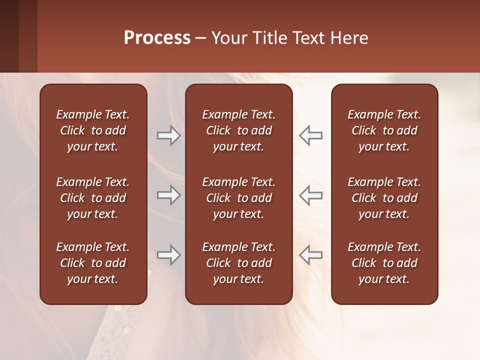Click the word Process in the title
(x=157, y=38)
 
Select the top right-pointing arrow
(x=168, y=135)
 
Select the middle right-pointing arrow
(x=168, y=195)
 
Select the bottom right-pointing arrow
(x=168, y=255)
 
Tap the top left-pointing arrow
(x=311, y=135)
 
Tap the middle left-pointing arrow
(x=311, y=195)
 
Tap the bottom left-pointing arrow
(x=311, y=255)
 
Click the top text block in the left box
(x=93, y=130)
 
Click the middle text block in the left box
(x=93, y=198)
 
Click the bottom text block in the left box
(x=93, y=263)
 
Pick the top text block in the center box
(x=238, y=130)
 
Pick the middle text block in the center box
(x=238, y=198)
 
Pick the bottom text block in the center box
(x=238, y=263)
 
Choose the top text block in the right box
(x=384, y=130)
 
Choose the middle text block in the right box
(x=384, y=198)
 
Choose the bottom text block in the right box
(x=384, y=263)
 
